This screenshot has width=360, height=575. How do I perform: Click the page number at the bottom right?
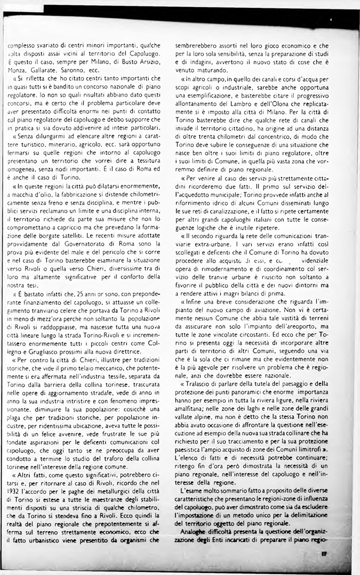pos(324,554)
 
